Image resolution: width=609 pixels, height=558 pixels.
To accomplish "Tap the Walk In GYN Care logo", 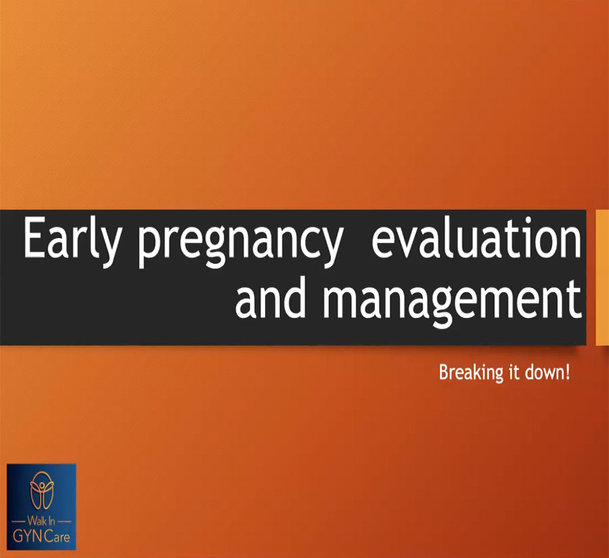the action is coord(41,507).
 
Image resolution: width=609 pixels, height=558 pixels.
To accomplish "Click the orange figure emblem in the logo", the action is coord(42,490).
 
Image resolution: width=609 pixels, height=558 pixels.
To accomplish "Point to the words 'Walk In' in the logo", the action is coord(41,520).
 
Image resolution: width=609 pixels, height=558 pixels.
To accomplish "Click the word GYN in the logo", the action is coord(28,536).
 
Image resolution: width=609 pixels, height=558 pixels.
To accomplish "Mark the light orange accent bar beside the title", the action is coord(602,277).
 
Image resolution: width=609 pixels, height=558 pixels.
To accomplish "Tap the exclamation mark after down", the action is coord(568,373).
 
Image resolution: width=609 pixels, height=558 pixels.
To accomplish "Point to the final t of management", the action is coord(576,302).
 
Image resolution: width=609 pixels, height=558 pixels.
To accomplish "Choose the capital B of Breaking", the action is coord(443,373).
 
